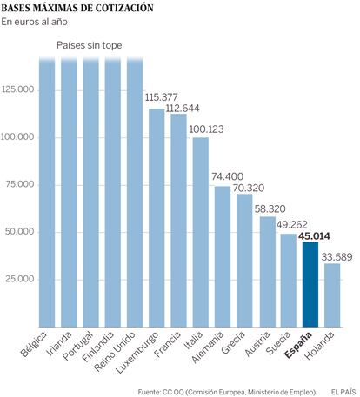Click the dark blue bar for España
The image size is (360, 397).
(310, 284)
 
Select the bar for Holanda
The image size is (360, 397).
(332, 295)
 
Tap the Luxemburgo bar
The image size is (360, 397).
(157, 218)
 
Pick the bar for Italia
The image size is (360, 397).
(201, 232)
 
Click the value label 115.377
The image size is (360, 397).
(161, 97)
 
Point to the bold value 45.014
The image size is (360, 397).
(314, 236)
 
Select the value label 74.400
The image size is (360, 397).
(227, 176)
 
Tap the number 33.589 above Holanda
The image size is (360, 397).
(337, 257)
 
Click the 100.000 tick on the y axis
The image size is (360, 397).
(17, 136)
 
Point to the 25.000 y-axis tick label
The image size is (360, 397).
(20, 279)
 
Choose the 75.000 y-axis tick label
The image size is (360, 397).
(20, 184)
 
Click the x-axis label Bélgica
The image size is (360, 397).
(34, 345)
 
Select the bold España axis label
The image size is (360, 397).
(298, 345)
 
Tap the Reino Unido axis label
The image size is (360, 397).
(115, 352)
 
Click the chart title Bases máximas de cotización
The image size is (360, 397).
(77, 8)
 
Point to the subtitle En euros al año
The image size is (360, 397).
(35, 22)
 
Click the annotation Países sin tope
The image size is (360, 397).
(90, 45)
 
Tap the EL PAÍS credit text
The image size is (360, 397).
(343, 392)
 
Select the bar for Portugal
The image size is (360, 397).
(90, 192)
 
